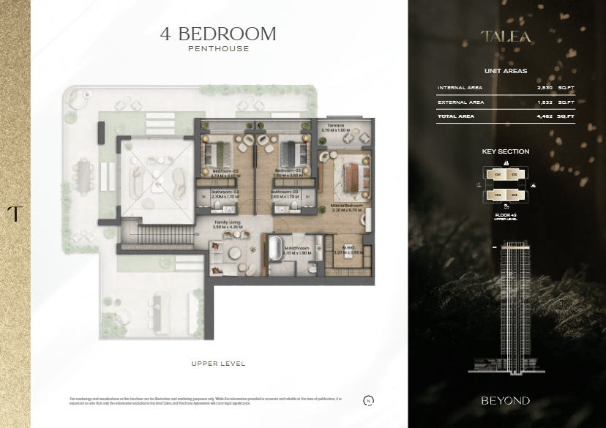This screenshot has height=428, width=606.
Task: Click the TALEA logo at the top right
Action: coord(506,36)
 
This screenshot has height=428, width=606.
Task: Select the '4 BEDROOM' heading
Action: coord(218,34)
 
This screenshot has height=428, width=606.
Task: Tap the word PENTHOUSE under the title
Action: coord(218,49)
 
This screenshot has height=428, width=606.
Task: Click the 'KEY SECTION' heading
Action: coord(506,151)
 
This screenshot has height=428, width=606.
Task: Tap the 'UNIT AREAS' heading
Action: coord(506,71)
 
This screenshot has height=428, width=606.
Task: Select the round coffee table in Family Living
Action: coord(233,253)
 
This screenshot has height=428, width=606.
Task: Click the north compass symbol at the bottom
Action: coord(368,400)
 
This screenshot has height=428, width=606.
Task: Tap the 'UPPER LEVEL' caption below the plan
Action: coord(218,364)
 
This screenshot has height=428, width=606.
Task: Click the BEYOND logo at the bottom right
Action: coord(506,400)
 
